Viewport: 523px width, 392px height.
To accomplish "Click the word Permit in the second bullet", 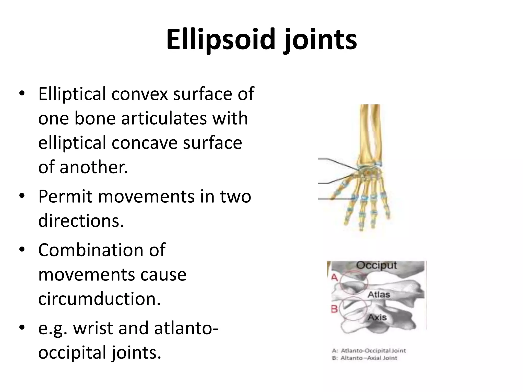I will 64,197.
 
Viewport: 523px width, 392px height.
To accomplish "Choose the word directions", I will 81,220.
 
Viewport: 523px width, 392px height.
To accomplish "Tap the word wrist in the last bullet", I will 93,328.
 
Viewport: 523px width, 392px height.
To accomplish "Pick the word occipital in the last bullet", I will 72,352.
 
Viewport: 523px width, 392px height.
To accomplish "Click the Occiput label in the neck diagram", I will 376,265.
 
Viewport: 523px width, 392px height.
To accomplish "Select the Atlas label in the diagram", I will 379,295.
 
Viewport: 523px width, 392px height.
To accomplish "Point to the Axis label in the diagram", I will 377,317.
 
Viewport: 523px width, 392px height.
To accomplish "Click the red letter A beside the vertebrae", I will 335,277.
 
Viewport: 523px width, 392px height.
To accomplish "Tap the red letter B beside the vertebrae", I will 334,309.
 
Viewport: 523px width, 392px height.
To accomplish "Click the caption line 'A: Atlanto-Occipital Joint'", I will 369,351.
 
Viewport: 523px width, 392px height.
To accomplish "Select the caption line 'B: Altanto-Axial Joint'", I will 364,358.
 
